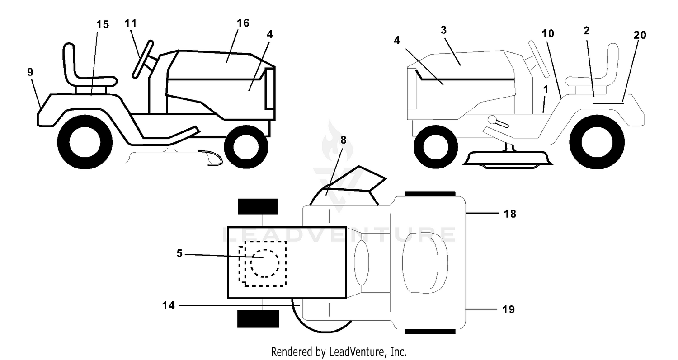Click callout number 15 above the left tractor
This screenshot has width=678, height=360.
(103, 24)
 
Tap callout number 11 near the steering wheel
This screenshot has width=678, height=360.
(131, 23)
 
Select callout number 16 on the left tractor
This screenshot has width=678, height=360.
(243, 23)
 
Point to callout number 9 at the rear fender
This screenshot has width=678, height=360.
(30, 72)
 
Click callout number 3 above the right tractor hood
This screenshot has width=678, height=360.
(444, 30)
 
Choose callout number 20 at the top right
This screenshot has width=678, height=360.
(640, 35)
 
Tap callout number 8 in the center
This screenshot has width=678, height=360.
(343, 140)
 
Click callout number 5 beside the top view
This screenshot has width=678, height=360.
(179, 253)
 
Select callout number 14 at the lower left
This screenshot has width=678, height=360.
(169, 305)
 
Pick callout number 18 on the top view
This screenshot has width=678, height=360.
(510, 214)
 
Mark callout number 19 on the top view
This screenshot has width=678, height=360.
(508, 309)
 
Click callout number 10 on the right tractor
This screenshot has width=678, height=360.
(548, 33)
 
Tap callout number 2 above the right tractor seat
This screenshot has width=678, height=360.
(587, 31)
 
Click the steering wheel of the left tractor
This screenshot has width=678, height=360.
(142, 60)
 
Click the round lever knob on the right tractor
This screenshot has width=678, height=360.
(492, 120)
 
